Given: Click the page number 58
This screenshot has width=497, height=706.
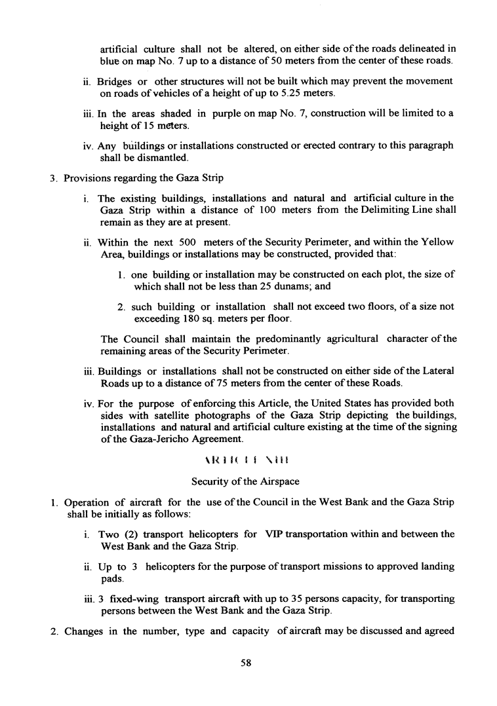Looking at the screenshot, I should point(247,662).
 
